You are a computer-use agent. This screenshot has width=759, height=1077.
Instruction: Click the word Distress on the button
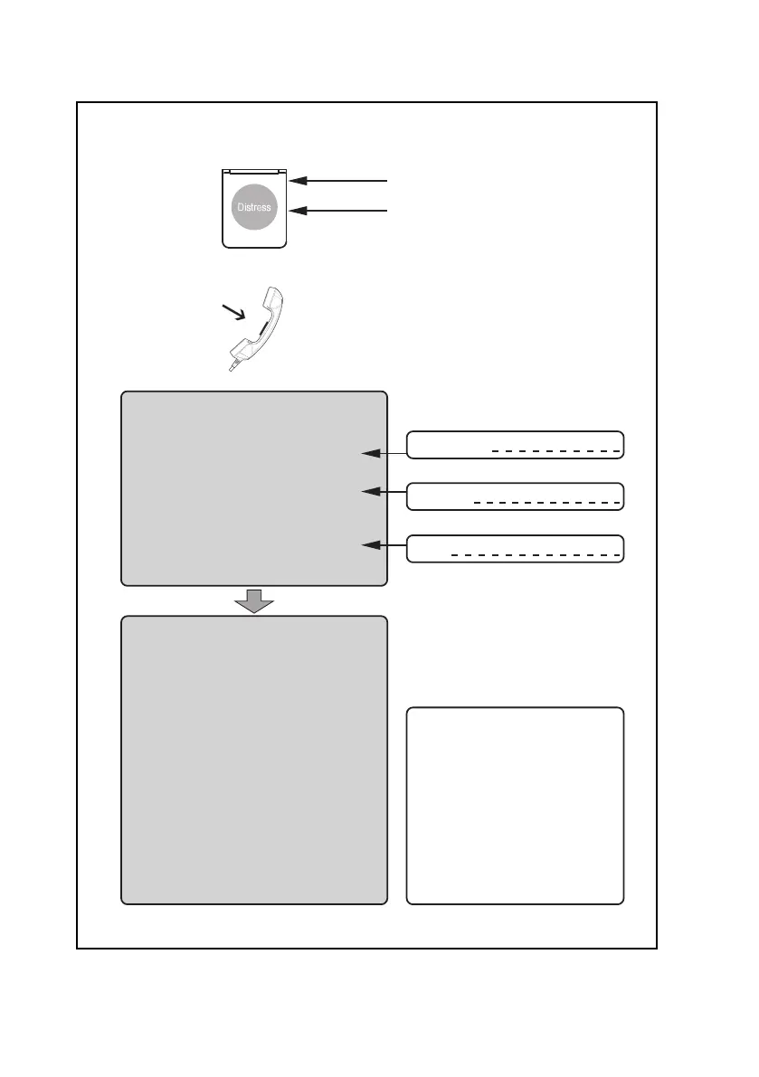[x=254, y=207]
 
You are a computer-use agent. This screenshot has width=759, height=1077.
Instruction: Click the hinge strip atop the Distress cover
[x=254, y=170]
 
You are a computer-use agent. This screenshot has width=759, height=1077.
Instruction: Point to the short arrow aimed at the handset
[x=232, y=315]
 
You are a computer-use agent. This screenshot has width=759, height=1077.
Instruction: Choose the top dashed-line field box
[x=515, y=445]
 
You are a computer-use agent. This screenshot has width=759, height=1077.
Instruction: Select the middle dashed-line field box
[x=515, y=496]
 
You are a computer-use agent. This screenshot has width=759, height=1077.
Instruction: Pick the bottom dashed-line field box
[x=515, y=549]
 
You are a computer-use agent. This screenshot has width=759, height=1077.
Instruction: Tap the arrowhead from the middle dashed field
[x=369, y=492]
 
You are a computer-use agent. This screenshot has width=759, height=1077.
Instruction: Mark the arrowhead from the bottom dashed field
[x=369, y=545]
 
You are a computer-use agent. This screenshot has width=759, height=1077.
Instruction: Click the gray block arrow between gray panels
[x=254, y=599]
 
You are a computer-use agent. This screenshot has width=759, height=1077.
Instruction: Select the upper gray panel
[x=254, y=488]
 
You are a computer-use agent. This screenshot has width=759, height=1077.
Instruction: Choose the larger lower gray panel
[x=254, y=760]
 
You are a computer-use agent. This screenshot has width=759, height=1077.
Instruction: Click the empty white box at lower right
[x=515, y=805]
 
